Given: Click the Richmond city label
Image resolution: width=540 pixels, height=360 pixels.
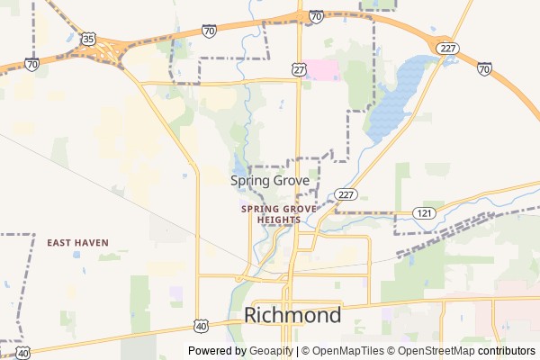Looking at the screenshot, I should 292,316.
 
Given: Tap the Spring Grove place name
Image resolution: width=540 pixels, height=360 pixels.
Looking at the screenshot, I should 270,181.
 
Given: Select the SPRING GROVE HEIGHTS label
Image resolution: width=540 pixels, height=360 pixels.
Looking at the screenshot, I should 278,213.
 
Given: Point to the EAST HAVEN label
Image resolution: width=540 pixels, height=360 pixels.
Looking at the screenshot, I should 77,243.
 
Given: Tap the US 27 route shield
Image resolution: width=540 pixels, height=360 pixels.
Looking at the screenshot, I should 299,68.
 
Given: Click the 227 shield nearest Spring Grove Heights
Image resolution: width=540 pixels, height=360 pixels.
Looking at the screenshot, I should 346,194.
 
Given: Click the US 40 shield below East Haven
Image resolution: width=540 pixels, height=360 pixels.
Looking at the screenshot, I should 22,353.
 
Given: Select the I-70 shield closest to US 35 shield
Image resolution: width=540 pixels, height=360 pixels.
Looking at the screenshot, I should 31,65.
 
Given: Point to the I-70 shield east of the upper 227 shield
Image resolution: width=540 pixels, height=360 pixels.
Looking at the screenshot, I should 483,68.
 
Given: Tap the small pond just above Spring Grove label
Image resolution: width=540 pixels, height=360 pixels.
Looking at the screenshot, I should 238,166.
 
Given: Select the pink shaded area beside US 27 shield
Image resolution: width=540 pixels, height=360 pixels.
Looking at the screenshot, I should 320,70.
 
